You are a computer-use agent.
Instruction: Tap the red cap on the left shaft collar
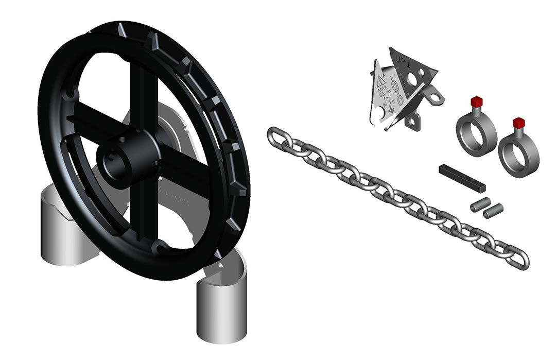pos(476,99)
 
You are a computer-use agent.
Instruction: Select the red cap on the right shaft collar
pos(518,123)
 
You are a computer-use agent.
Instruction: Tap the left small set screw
pos(478,205)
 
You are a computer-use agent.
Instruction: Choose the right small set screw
pos(493,210)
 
